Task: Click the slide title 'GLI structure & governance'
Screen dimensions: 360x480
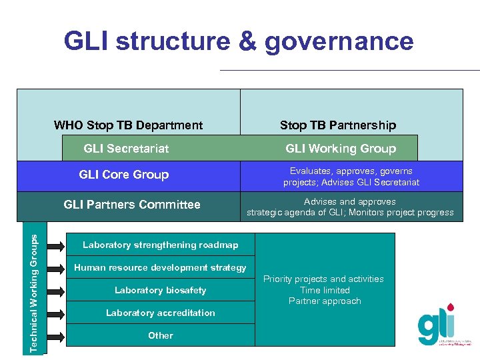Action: click(x=239, y=41)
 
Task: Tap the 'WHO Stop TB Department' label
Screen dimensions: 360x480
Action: click(x=128, y=125)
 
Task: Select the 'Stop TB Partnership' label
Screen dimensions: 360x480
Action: click(x=338, y=125)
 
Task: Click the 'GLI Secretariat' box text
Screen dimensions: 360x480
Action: click(x=126, y=149)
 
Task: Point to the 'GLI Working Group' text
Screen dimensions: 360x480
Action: click(x=341, y=149)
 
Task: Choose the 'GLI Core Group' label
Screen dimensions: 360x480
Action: click(x=124, y=175)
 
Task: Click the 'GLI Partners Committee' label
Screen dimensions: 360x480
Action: click(x=132, y=205)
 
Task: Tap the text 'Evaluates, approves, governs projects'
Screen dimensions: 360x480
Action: click(x=351, y=177)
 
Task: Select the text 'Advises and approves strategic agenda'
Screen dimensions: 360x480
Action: click(x=350, y=207)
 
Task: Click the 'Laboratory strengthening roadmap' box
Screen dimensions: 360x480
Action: click(x=160, y=245)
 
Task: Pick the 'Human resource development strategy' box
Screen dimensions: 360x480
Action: click(x=160, y=267)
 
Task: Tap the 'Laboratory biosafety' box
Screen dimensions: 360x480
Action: click(x=160, y=290)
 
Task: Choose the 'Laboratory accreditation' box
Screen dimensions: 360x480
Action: click(x=160, y=313)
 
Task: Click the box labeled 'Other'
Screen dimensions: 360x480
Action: click(x=160, y=335)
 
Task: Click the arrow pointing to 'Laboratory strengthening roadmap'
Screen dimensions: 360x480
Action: click(x=57, y=245)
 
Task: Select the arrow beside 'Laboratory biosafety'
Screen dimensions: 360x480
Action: click(x=57, y=291)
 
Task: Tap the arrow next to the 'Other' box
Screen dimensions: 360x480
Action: click(x=57, y=335)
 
